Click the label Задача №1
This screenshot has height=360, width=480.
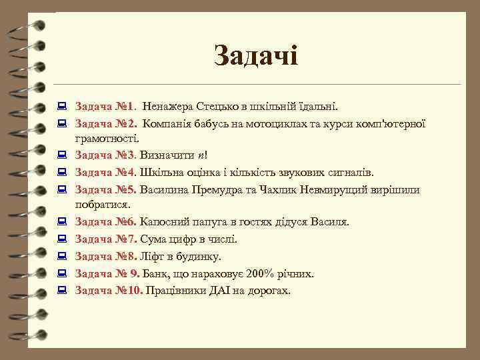click(105, 106)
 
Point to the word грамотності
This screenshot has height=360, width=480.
click(107, 139)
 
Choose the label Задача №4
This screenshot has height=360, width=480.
click(105, 173)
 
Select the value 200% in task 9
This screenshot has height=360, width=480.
click(257, 273)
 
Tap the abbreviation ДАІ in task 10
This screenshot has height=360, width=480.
click(217, 291)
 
